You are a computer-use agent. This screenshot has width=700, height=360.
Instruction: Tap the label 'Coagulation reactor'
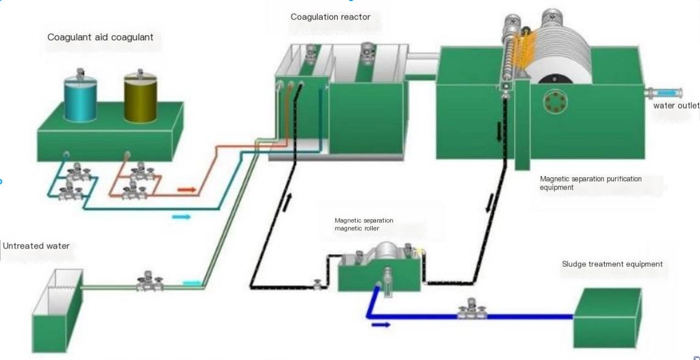[330, 17]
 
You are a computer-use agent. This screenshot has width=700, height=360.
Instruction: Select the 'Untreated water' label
[36, 246]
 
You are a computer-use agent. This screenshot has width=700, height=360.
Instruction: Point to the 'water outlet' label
[676, 105]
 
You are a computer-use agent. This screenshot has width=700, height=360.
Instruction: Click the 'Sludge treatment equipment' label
[612, 264]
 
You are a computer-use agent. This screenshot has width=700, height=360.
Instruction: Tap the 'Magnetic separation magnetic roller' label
[364, 225]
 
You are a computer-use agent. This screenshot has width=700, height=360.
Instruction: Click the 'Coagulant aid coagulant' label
[100, 37]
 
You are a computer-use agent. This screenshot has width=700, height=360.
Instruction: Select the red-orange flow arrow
[187, 190]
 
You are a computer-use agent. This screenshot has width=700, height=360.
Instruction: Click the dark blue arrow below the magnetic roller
[381, 325]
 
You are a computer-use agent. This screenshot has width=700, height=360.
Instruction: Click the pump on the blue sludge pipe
[472, 310]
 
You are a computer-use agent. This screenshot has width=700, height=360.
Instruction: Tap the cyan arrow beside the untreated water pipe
[191, 283]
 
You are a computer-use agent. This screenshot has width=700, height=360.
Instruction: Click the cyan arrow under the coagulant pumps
[181, 217]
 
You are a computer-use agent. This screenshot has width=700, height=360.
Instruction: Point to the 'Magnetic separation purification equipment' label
[591, 183]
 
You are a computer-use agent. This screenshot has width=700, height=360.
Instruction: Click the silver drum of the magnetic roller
[386, 253]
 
